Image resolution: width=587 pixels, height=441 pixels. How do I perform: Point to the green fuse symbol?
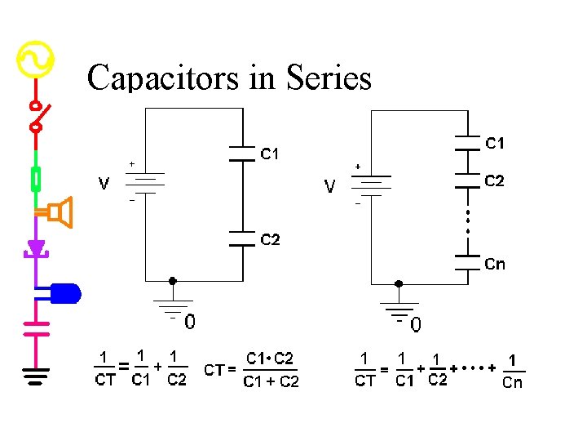click(36, 178)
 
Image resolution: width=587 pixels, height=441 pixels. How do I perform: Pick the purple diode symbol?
click(35, 247)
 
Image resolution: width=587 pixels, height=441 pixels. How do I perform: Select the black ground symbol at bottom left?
click(35, 376)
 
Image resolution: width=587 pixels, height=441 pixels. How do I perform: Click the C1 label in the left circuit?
click(270, 153)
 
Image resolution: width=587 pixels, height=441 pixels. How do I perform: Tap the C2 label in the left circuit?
click(270, 239)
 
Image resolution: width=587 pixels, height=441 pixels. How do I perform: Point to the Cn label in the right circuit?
click(495, 264)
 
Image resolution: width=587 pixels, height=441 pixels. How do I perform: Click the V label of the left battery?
click(104, 184)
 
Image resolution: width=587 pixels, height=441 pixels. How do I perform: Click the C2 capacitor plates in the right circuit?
click(466, 180)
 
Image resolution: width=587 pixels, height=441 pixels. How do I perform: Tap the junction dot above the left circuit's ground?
click(171, 281)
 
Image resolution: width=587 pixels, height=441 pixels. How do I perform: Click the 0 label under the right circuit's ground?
click(416, 326)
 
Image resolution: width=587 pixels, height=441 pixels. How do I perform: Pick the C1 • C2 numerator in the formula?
click(270, 358)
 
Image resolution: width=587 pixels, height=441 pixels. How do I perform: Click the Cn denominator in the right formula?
click(512, 382)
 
